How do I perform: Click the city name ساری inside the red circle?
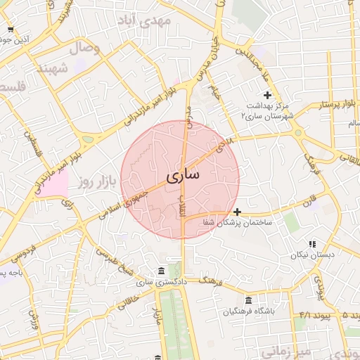coord(182,176)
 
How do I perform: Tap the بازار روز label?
coord(96,182)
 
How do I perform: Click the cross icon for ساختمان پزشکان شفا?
coord(238,211)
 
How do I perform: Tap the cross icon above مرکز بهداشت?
coord(266,95)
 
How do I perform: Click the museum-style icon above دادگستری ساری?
coord(162,271)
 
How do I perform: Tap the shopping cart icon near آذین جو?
coord(10,30)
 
